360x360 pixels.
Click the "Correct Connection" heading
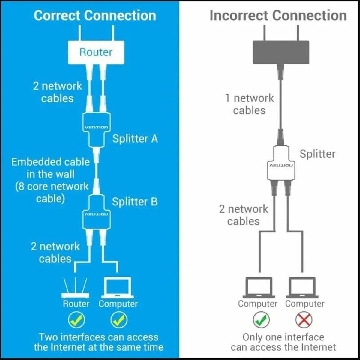95,16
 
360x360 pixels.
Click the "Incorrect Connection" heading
278,16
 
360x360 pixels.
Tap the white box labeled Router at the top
96,52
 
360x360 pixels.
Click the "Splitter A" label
135,139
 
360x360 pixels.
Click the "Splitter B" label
135,202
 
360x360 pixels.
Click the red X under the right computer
304,320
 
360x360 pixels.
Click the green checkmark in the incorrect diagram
261,320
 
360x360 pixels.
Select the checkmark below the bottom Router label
76,320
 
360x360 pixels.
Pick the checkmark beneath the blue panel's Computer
118,320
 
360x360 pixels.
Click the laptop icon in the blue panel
118,288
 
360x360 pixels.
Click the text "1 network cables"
249,104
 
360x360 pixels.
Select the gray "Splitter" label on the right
317,154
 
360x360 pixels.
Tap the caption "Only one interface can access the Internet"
283,342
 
